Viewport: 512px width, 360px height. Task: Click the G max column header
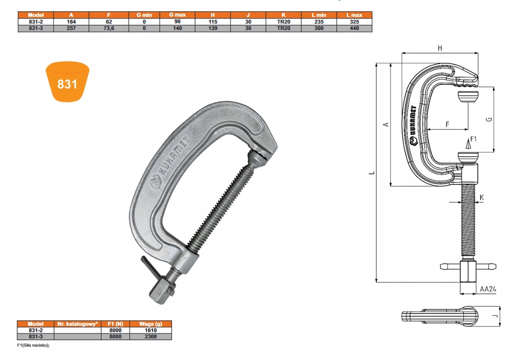177,15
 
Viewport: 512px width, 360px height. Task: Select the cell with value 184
71,21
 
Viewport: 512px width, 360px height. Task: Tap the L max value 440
354,28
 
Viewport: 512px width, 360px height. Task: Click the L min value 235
319,21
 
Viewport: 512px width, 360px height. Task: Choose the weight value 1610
151,330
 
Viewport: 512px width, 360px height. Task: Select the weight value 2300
151,336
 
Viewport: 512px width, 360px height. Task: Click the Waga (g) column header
151,324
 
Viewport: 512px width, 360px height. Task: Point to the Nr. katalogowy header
77,324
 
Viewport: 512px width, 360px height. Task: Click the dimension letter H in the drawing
440,48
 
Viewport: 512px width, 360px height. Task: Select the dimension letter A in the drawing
385,124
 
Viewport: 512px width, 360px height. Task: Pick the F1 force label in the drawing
473,138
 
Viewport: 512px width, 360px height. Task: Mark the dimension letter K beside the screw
482,197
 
